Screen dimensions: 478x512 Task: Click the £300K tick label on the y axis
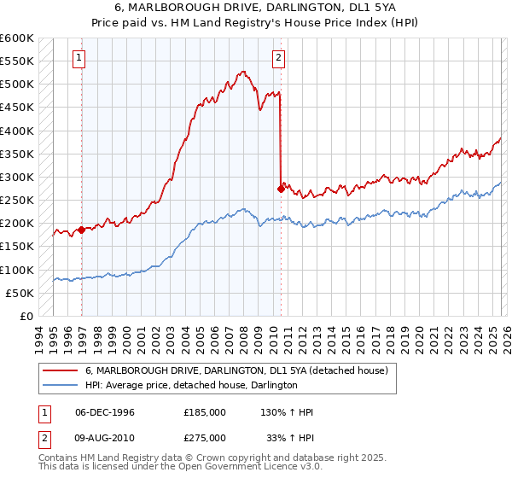[17, 178]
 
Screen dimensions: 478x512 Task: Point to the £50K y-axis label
[20, 294]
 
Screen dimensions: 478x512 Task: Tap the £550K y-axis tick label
[17, 62]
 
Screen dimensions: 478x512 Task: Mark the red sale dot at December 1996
[81, 230]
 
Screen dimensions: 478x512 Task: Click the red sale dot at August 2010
[280, 189]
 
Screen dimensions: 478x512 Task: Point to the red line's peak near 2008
[243, 72]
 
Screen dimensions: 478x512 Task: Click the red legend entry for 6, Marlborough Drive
[236, 370]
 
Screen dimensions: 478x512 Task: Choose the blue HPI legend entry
[190, 385]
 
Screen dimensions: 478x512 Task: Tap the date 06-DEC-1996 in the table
[105, 412]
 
